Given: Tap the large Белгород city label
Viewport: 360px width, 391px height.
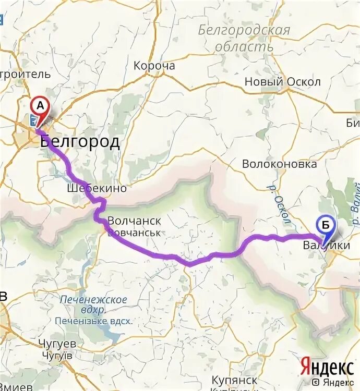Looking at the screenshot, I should click(79, 142).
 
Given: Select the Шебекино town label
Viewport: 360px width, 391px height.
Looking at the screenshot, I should click(97, 188).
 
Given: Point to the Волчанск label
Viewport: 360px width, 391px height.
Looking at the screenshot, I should click(134, 221).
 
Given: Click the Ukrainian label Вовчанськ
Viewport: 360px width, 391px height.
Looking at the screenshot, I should click(134, 232).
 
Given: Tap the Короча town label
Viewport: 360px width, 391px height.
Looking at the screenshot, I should click(154, 66).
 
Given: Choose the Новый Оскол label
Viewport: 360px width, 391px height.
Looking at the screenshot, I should click(283, 82).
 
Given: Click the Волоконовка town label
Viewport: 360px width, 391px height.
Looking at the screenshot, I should click(279, 164).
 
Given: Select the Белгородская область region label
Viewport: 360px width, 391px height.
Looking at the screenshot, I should click(244, 38).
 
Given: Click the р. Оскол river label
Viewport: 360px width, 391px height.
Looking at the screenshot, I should click(279, 204).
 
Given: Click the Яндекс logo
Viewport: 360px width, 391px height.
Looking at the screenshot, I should click(326, 367).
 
